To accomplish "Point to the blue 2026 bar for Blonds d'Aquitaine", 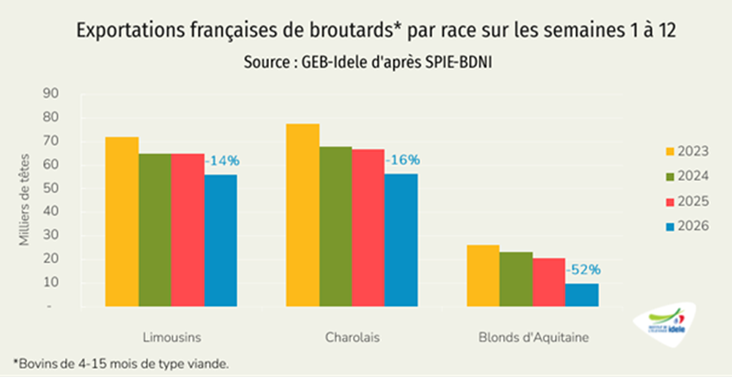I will point(582,295).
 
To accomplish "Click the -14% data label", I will point(223,161).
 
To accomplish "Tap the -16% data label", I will point(402,160).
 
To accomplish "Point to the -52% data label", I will point(583,270).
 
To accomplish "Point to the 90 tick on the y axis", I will point(50,94).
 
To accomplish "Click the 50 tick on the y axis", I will point(50,188).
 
